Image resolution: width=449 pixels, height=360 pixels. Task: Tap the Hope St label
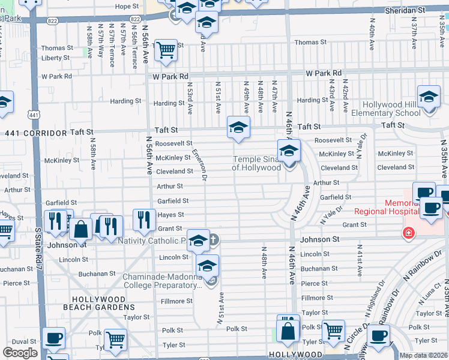[x=127, y=7]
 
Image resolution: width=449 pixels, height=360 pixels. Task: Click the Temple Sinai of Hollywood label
[x=257, y=163]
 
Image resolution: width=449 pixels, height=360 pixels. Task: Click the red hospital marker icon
[x=408, y=232]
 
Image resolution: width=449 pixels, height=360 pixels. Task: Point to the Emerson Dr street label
[x=200, y=165]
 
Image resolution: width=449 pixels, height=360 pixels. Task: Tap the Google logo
[x=20, y=353]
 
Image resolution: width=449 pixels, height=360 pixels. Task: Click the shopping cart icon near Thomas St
[x=166, y=51]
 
